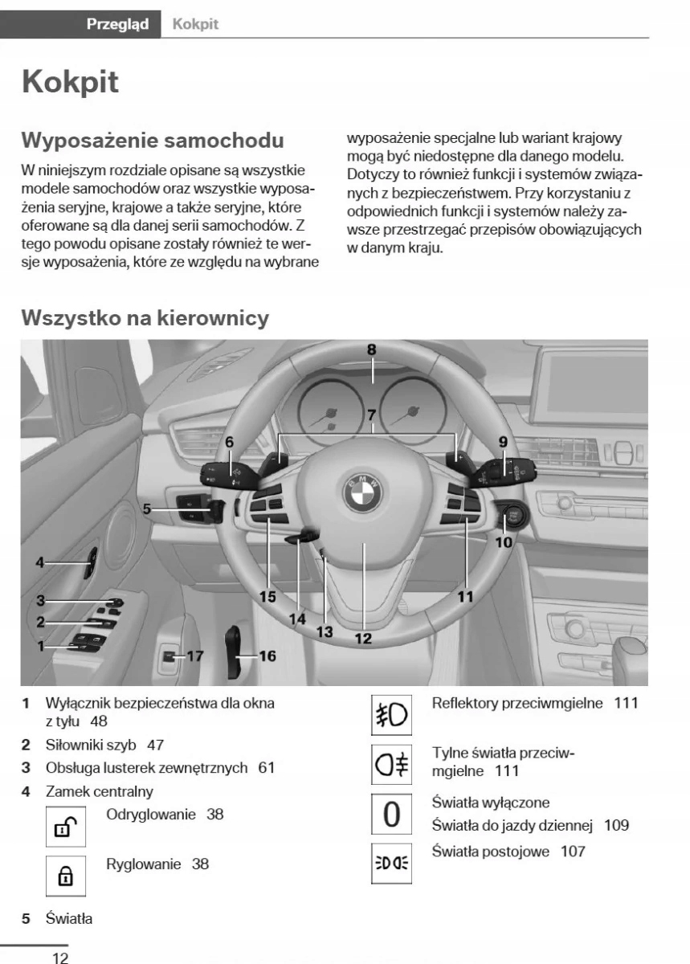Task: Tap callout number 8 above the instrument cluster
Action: [x=371, y=349]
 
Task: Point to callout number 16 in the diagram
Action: [x=267, y=656]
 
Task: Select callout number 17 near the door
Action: [x=194, y=656]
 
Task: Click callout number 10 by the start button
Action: [x=504, y=541]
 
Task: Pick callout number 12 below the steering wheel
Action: [x=363, y=639]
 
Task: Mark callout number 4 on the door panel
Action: [x=39, y=562]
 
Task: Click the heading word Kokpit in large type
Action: [x=71, y=82]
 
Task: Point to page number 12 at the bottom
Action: [x=60, y=958]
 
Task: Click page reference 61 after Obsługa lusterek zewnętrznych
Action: [x=266, y=767]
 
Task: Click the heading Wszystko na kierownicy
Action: [x=145, y=317]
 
